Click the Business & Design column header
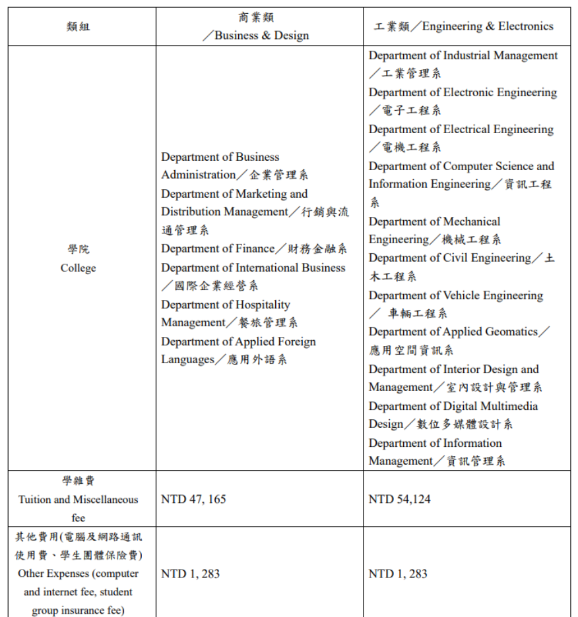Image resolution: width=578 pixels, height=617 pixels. pyautogui.click(x=261, y=36)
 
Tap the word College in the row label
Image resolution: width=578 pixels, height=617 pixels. pyautogui.click(x=78, y=268)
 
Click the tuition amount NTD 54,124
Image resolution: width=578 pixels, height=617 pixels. pyautogui.click(x=399, y=499)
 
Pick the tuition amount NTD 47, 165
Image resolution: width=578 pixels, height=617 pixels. pyautogui.click(x=193, y=499)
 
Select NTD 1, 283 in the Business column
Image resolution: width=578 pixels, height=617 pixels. pyautogui.click(x=191, y=573)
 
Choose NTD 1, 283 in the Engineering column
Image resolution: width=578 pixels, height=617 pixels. pyautogui.click(x=398, y=573)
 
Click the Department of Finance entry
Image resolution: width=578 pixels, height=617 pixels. pyautogui.click(x=218, y=249)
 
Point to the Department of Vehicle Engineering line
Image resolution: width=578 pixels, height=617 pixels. pyautogui.click(x=455, y=295)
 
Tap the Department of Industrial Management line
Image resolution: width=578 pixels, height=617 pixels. pyautogui.click(x=463, y=55)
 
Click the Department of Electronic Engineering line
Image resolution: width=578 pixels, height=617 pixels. pyautogui.click(x=463, y=92)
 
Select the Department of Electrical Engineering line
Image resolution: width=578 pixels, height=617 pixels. pyautogui.click(x=461, y=129)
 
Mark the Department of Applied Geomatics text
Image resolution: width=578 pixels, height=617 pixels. pyautogui.click(x=453, y=332)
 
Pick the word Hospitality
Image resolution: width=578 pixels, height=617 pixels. pyautogui.click(x=264, y=305)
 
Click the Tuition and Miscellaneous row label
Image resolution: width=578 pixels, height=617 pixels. pyautogui.click(x=78, y=500)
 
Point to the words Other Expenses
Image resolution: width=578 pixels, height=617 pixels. pyautogui.click(x=49, y=573)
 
